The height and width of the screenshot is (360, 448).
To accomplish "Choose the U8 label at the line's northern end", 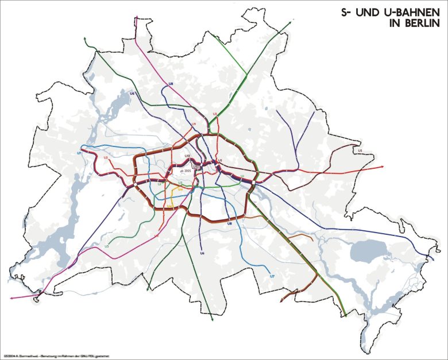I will click(171, 85).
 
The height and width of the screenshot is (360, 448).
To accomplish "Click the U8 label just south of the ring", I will click(229, 223).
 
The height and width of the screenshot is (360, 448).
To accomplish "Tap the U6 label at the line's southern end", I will click(202, 253).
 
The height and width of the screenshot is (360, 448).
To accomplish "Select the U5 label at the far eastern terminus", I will click(360, 150).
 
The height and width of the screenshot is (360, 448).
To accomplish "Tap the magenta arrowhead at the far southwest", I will click(12, 298).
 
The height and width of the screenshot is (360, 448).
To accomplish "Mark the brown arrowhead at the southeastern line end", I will click(280, 300).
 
